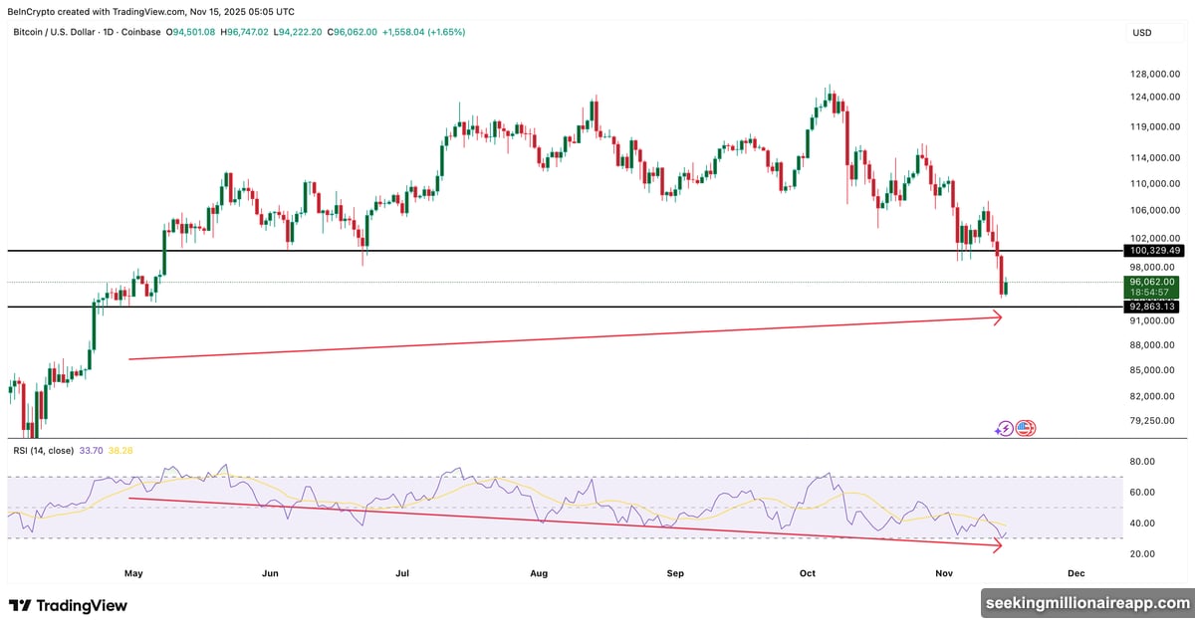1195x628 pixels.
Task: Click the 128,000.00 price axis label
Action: pos(1154,74)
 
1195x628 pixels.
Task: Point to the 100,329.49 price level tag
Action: pos(1154,251)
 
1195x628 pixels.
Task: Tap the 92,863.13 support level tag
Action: pos(1154,307)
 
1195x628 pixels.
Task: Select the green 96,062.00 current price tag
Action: pos(1154,283)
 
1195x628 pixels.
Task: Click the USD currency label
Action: pos(1141,33)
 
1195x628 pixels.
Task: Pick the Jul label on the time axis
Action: pos(403,574)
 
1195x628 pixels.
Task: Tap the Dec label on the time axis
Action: pos(1075,574)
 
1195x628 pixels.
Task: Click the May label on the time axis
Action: pos(133,574)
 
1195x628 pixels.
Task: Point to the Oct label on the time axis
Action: pos(808,574)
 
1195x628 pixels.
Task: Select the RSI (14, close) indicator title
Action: pos(43,451)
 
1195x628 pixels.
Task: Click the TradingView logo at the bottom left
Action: pos(68,605)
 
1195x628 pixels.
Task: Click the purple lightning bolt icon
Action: pos(1005,429)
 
